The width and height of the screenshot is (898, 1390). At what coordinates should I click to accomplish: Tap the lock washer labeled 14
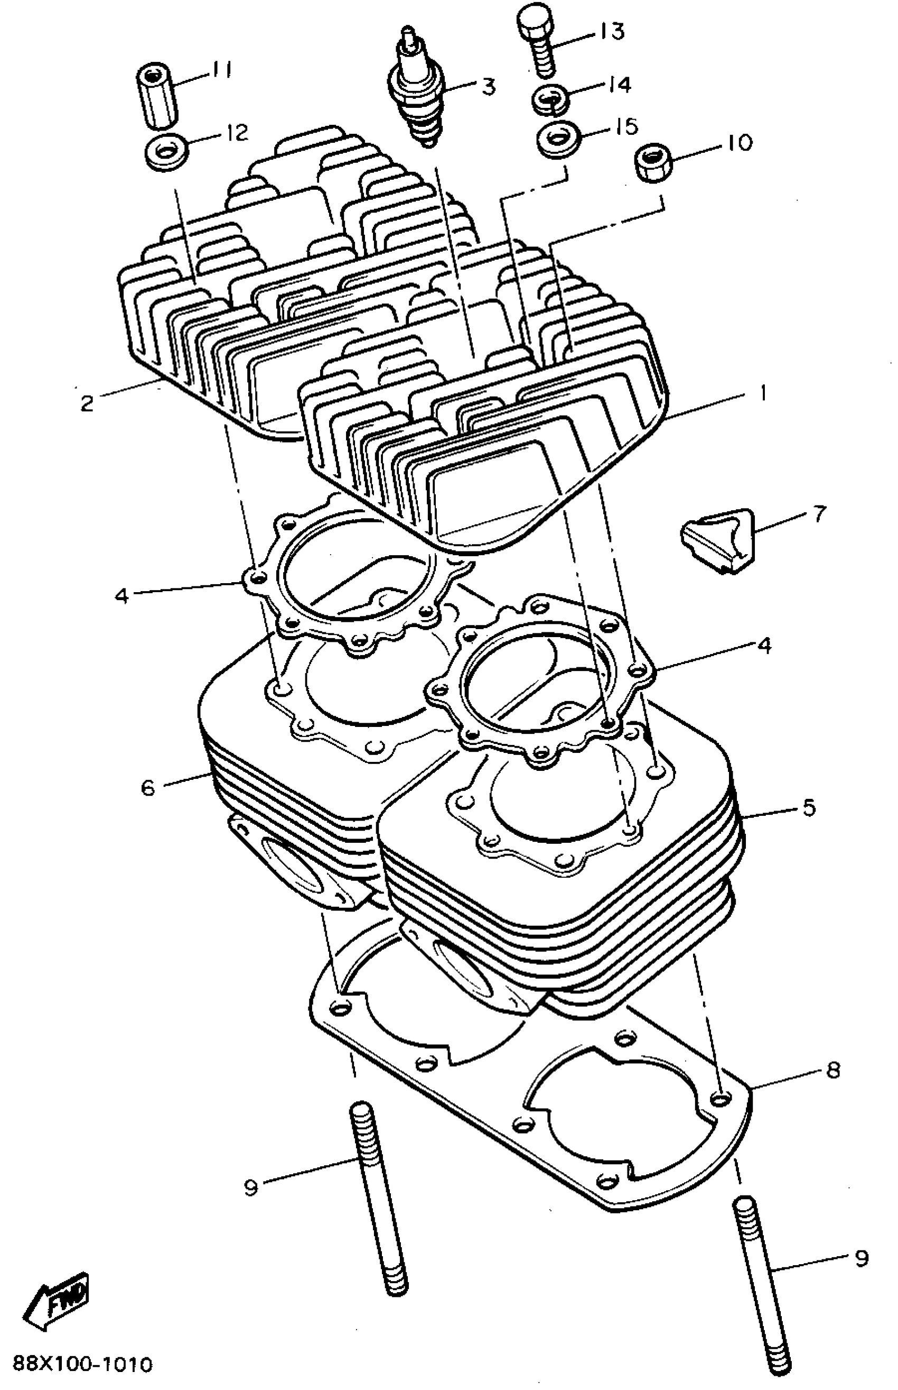[549, 99]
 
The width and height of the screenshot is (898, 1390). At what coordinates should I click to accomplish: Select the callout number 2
[87, 403]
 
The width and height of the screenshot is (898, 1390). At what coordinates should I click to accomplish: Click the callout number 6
[148, 787]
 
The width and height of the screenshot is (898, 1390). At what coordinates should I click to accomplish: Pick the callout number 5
[809, 808]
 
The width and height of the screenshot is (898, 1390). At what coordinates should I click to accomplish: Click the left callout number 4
[121, 596]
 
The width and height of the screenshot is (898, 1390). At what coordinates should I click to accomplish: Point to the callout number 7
[819, 514]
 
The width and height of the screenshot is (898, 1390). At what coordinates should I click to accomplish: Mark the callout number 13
[611, 31]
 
